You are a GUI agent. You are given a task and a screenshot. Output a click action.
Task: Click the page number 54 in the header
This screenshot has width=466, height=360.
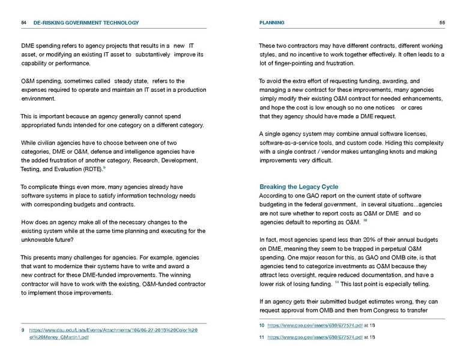point(23,23)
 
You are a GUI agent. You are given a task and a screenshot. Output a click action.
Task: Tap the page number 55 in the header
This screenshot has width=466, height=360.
point(442,23)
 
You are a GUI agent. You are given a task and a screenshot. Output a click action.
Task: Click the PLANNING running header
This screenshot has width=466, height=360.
point(272,23)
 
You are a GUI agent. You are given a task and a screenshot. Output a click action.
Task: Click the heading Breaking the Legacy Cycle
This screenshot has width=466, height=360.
point(298,187)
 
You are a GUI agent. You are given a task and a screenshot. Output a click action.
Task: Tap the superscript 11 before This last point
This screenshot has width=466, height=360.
point(337,282)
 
